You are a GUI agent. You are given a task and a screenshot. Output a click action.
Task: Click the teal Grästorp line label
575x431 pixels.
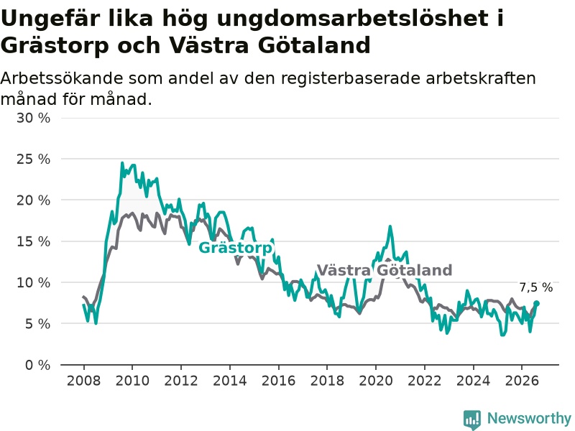tap(236, 248)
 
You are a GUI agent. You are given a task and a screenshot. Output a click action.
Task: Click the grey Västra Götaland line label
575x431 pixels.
tap(385, 271)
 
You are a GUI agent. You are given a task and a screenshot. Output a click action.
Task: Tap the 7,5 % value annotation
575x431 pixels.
tap(535, 288)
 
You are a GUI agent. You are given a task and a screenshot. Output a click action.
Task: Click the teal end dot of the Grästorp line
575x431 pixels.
tap(536, 303)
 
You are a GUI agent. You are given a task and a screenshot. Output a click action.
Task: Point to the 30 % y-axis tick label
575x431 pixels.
tap(33, 118)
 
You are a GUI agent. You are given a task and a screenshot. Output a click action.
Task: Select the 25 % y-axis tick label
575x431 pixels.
tap(33, 159)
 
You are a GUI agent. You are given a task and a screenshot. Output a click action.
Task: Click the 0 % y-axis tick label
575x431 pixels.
tap(37, 365)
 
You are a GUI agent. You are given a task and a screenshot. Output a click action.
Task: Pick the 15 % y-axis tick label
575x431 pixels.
tap(33, 241)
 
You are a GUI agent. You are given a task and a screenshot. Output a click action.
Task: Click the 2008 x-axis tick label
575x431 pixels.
tap(83, 381)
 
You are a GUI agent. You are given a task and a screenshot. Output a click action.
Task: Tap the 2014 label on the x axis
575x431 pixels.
tap(230, 381)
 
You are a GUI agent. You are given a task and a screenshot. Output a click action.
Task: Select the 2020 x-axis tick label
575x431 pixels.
tap(376, 381)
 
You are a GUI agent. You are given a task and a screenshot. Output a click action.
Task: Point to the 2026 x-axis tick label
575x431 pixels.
tap(522, 381)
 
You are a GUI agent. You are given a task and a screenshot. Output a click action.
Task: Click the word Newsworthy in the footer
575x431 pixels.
tap(529, 418)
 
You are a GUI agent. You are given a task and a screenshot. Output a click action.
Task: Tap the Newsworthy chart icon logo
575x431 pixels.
tap(472, 420)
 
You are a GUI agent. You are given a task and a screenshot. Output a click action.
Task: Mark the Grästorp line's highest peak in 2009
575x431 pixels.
tap(122, 163)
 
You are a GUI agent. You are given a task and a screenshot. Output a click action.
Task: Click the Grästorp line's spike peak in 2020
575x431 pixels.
tap(390, 226)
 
